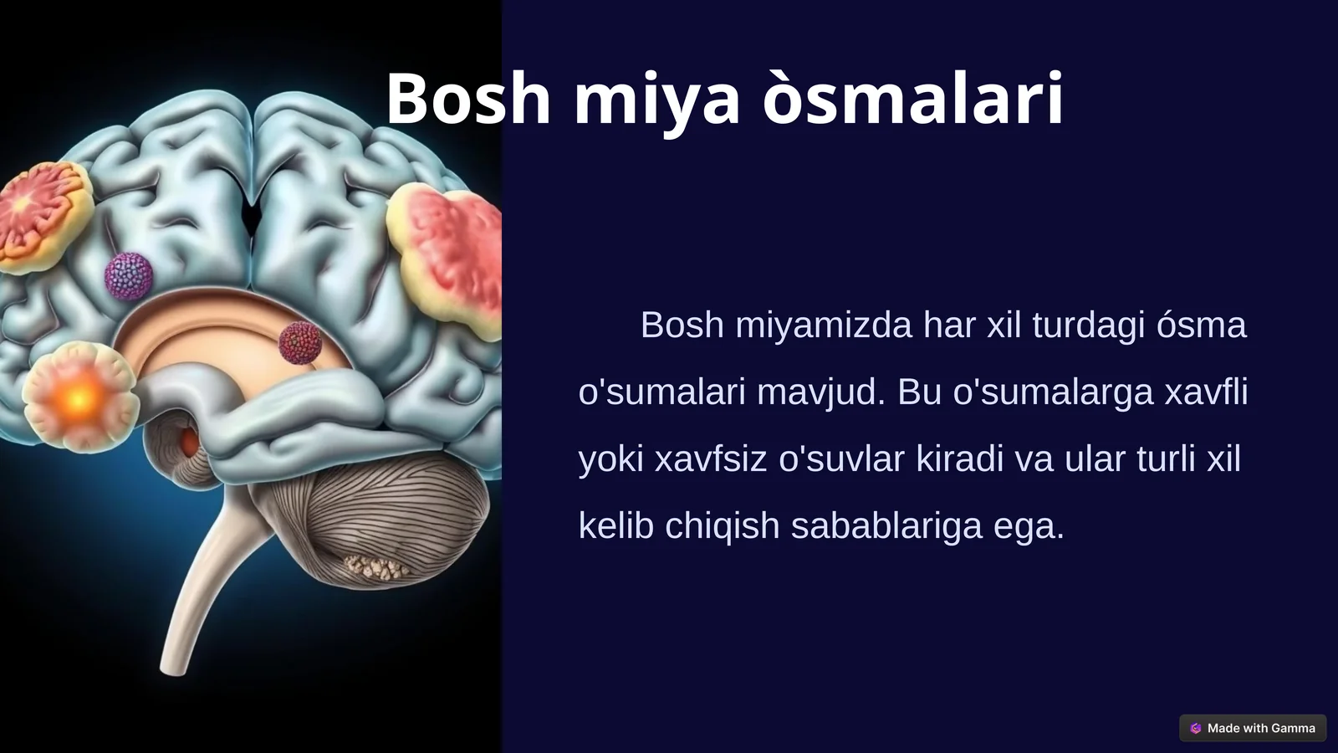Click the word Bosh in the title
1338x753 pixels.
[x=467, y=99]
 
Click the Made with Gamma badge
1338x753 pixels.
[x=1253, y=728]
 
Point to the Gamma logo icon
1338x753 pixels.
[x=1196, y=728]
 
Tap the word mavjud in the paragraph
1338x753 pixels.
[x=820, y=392]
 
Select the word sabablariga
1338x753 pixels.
[x=886, y=525]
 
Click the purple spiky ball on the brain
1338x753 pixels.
[x=129, y=276]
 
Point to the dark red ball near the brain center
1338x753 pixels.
[x=299, y=342]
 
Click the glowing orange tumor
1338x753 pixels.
[x=79, y=399]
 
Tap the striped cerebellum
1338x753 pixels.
[x=393, y=519]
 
